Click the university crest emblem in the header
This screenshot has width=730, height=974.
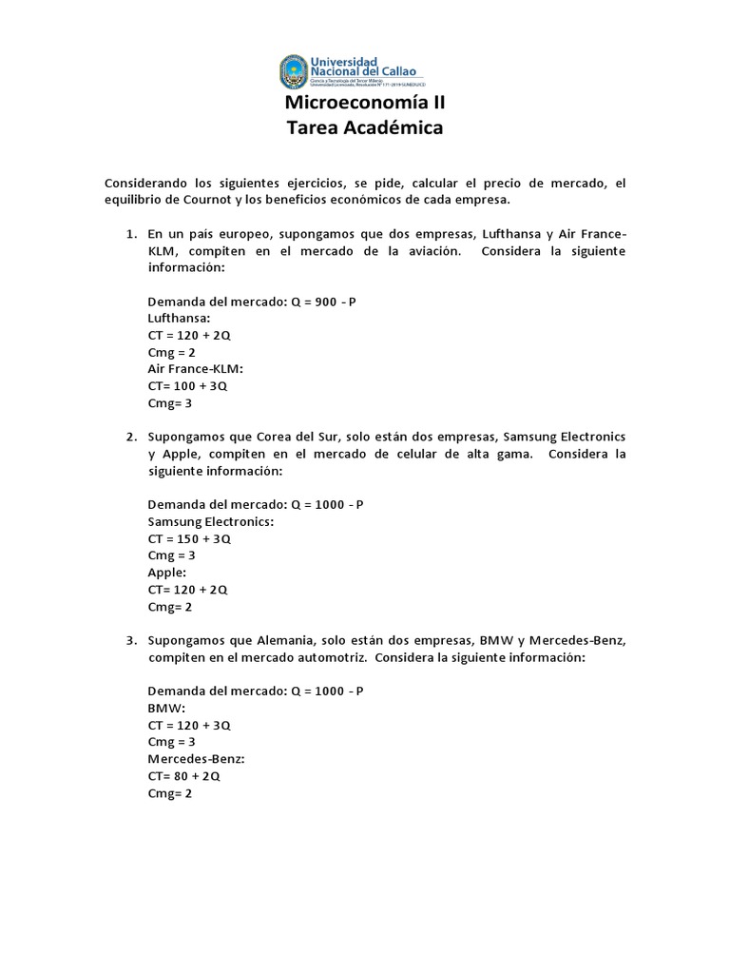click(x=295, y=71)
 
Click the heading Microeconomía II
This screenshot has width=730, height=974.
click(x=365, y=103)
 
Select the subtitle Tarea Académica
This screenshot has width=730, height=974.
click(x=365, y=127)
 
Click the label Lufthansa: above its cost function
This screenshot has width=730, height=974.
click(x=179, y=319)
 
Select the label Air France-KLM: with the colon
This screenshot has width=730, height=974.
click(x=196, y=369)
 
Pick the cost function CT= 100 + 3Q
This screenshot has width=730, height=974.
click(x=187, y=386)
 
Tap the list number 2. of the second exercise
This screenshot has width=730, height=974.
click(x=131, y=437)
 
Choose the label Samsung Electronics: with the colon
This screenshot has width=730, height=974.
click(x=211, y=521)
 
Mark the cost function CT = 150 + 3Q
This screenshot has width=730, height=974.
click(x=189, y=538)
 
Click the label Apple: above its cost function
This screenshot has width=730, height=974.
click(x=166, y=572)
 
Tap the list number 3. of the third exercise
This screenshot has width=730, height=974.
click(x=131, y=640)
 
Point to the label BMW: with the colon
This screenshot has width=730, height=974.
click(x=166, y=708)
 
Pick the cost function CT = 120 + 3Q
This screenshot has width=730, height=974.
click(x=189, y=725)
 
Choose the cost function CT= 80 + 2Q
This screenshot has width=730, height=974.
click(x=183, y=775)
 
